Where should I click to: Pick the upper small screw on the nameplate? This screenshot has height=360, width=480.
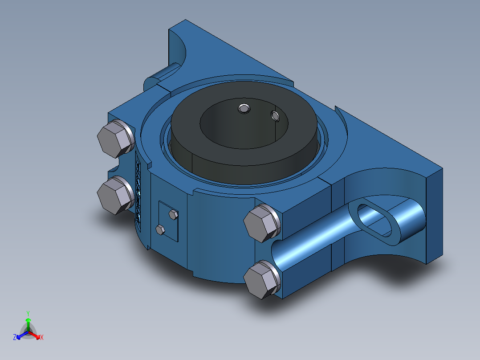(x=173, y=215)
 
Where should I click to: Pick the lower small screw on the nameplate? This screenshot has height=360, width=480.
(x=160, y=230)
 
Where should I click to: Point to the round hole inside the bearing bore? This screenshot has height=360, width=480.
(x=243, y=108)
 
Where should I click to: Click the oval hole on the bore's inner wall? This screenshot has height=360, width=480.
(x=276, y=116)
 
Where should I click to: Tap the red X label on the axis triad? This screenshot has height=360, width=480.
(x=42, y=338)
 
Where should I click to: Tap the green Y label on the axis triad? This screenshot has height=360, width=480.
(x=28, y=314)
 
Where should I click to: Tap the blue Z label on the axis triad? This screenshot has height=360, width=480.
(x=15, y=338)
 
